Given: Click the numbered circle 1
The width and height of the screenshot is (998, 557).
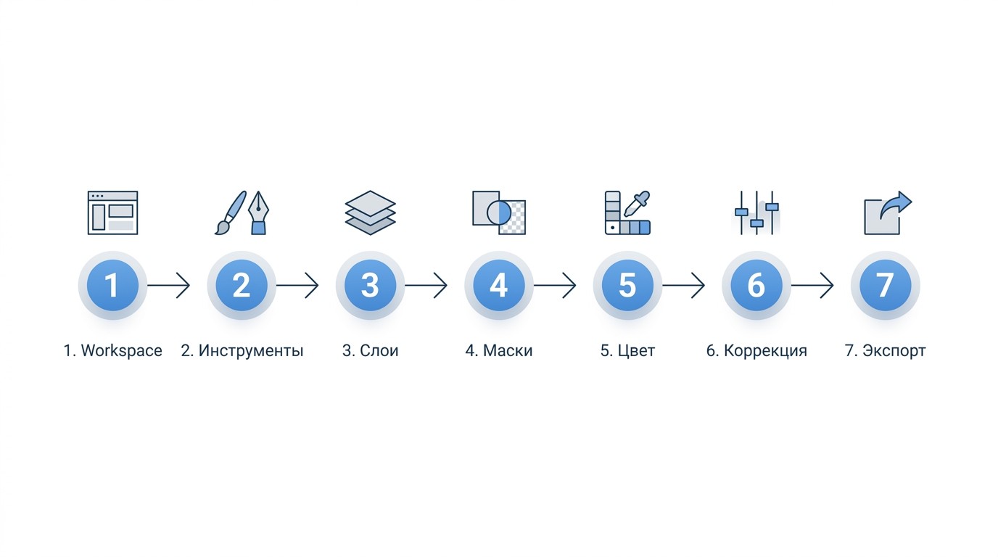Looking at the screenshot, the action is tap(112, 285).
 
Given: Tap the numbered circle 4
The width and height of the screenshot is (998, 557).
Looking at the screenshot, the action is tap(498, 285).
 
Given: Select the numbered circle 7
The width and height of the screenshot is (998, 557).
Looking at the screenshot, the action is tap(885, 285).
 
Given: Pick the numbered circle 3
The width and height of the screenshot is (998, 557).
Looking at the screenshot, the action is tap(370, 285).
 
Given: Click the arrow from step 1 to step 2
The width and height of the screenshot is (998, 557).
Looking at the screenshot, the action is tap(168, 285).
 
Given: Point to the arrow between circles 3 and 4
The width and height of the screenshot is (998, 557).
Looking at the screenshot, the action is tap(426, 285).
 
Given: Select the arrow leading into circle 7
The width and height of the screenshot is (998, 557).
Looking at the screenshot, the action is tap(812, 285).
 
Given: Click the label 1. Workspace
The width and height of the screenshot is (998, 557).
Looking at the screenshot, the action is tap(112, 351).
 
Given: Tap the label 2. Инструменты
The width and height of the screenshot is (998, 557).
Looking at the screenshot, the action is tap(242, 351).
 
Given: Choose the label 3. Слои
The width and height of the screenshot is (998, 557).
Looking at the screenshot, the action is tap(370, 351).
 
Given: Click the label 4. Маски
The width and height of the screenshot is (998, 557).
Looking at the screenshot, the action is tap(498, 351).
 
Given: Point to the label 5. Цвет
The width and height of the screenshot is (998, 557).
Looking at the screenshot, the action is tap(627, 351).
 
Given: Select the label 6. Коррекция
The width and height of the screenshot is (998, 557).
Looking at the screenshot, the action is tap(756, 351).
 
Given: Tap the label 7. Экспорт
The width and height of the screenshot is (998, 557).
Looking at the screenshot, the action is tap(885, 351).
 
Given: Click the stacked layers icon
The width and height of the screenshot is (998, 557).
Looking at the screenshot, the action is tap(370, 213).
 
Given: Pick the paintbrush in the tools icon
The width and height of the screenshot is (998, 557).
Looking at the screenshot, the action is tap(231, 213).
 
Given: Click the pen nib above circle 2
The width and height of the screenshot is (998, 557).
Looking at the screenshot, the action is tap(258, 213).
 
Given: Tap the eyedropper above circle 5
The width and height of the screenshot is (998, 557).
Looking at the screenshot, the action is tap(637, 204).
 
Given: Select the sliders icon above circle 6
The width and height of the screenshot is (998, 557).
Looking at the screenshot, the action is tap(756, 213).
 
